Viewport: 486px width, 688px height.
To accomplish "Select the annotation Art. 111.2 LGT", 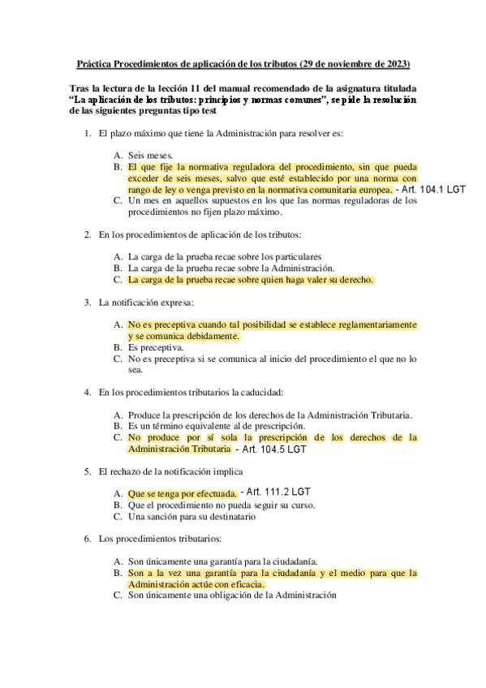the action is (277, 492).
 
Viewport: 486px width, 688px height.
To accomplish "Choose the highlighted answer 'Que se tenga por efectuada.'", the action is (183, 493).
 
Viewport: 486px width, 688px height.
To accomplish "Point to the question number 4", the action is (88, 393).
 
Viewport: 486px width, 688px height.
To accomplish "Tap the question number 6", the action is (88, 538).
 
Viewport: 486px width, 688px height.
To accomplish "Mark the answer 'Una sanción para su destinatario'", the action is (192, 515).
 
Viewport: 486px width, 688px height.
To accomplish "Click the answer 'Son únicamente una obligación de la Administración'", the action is (232, 595).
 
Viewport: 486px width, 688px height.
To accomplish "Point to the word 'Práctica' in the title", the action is (93, 63).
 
